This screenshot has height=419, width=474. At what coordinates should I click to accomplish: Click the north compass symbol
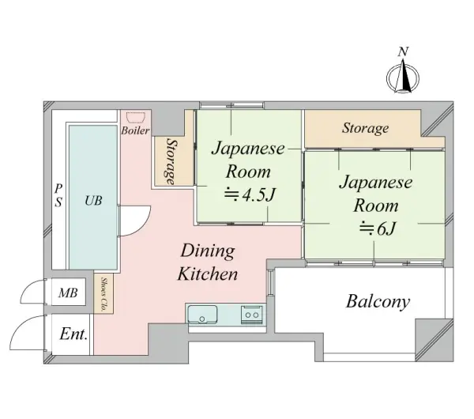(x=403, y=77)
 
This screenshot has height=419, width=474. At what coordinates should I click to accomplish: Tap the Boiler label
(x=135, y=130)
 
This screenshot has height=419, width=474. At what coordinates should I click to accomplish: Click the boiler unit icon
(x=136, y=117)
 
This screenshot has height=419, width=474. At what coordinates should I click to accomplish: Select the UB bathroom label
(x=93, y=200)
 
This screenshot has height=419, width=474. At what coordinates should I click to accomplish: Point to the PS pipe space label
(x=58, y=195)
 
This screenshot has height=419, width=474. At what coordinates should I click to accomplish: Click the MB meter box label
(x=68, y=293)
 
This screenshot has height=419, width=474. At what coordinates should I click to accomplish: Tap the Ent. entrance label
(x=74, y=334)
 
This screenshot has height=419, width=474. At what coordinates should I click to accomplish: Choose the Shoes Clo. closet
(x=103, y=293)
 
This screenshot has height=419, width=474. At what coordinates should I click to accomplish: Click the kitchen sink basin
(x=202, y=314)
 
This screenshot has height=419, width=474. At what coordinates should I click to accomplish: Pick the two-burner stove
(x=252, y=315)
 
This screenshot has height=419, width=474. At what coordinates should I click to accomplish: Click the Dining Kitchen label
(x=208, y=262)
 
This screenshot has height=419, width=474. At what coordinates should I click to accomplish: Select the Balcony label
(x=378, y=302)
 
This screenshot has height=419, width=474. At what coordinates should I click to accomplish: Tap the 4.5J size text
(x=250, y=195)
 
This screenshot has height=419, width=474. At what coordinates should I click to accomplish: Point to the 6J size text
(x=378, y=228)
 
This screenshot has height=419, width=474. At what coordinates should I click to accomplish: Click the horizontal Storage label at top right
(x=365, y=128)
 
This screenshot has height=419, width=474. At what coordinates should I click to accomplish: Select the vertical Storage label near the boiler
(x=171, y=161)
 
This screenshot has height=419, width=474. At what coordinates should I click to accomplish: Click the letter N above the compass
(x=403, y=52)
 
